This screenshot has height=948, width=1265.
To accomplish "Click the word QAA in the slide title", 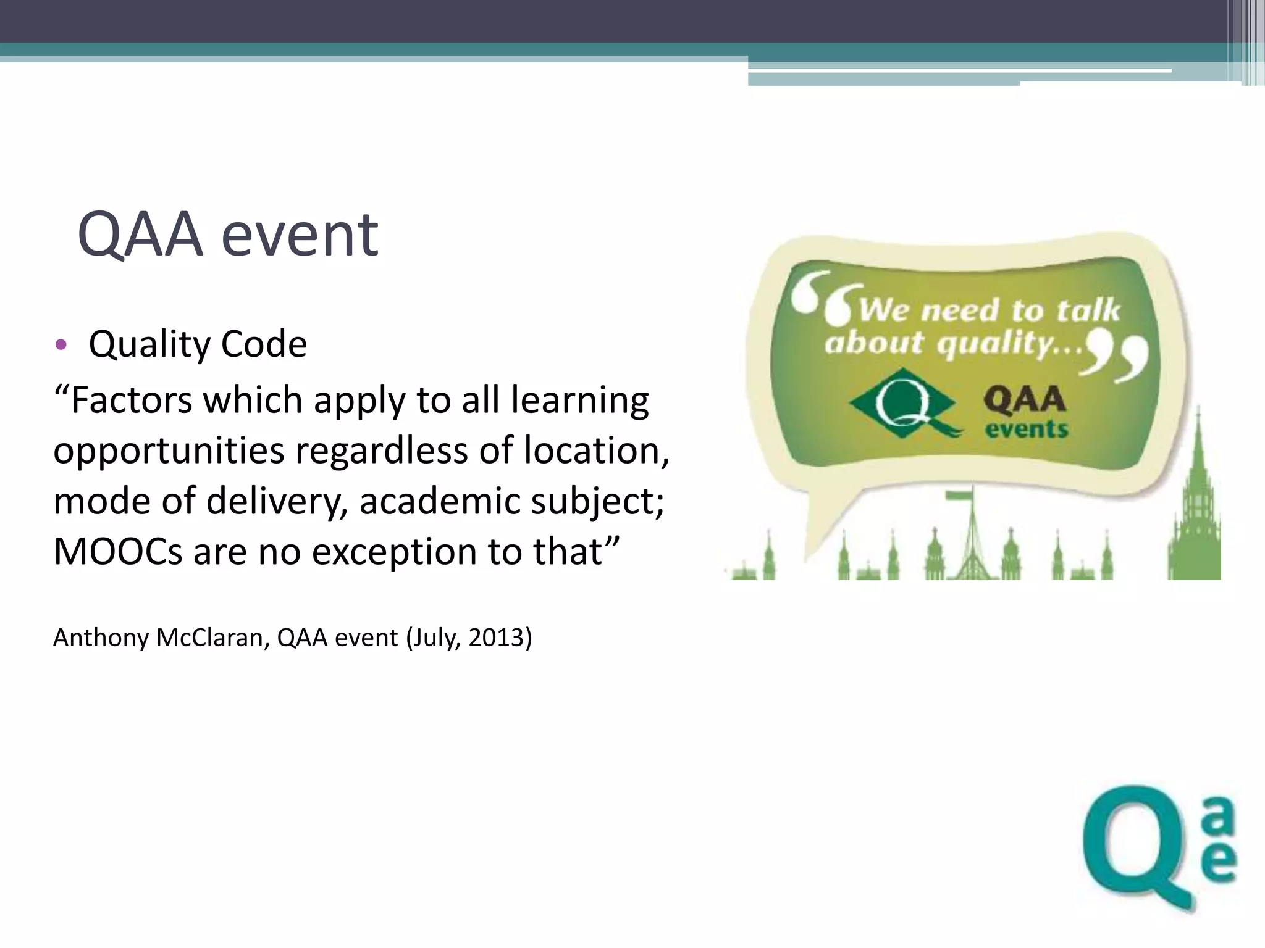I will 140,235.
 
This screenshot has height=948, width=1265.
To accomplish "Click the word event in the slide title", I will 300,235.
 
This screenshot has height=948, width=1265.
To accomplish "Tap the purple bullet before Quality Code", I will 60,344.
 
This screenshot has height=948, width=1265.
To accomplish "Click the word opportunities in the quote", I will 169,451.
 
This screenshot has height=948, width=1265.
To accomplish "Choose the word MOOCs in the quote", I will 118,551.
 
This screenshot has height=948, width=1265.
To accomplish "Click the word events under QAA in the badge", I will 1027,428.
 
